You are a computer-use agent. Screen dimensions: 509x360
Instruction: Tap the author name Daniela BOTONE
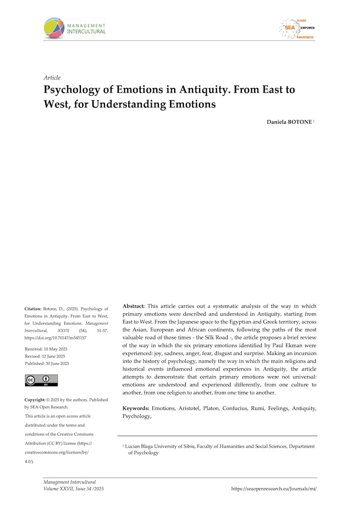coord(285,123)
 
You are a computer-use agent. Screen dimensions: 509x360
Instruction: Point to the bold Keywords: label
coord(136,408)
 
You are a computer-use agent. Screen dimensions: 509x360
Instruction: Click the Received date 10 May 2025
coord(46,349)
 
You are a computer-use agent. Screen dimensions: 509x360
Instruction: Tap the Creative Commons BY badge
coord(41,380)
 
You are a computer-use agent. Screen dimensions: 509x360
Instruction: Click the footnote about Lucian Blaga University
coord(219,449)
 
